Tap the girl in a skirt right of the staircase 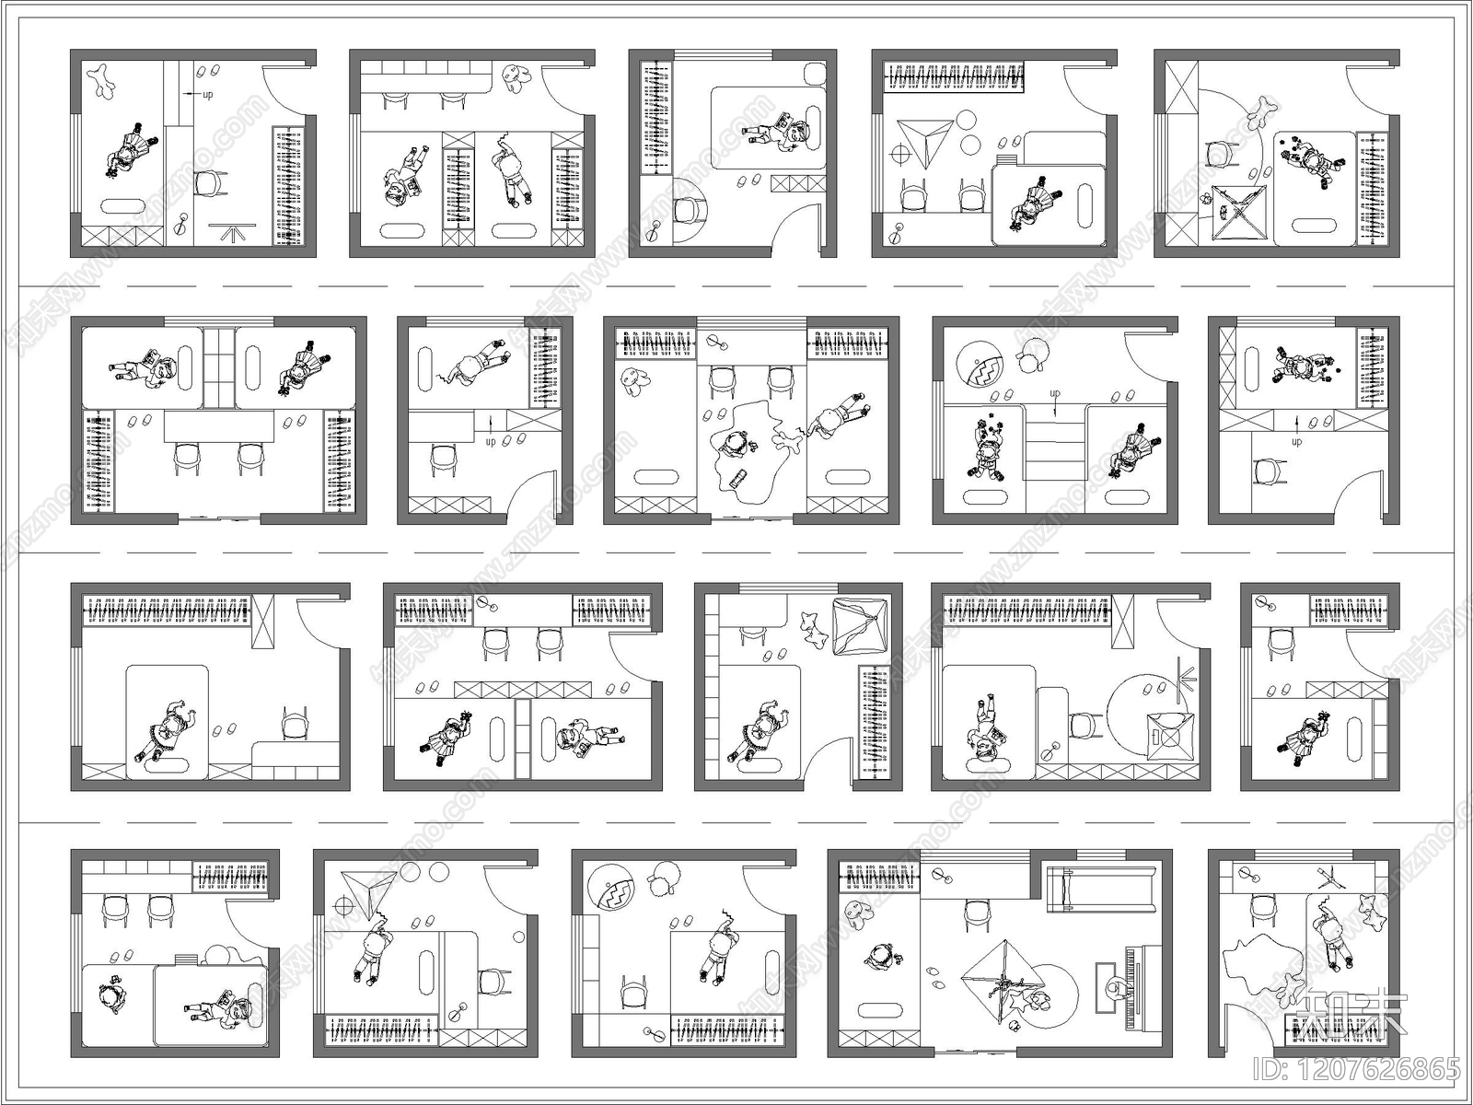pyautogui.click(x=1129, y=450)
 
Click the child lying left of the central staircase pyautogui.click(x=984, y=448)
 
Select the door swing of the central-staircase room pyautogui.click(x=1151, y=355)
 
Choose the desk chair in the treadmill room pyautogui.click(x=975, y=917)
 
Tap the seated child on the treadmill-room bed pyautogui.click(x=879, y=958)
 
